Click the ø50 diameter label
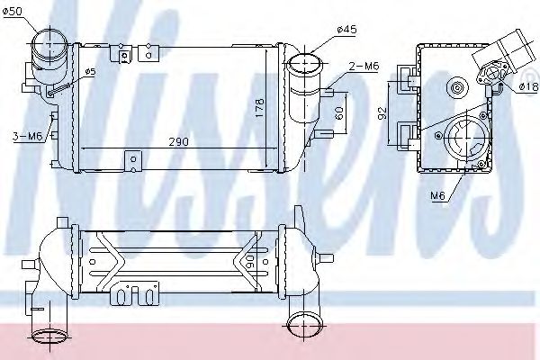point(12,12)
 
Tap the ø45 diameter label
point(346,30)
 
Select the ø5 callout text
point(90,72)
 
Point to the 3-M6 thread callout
point(28,137)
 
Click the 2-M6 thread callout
point(364,66)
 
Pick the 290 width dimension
point(179,141)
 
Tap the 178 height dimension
point(259,107)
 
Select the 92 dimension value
point(382,113)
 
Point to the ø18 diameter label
point(528,86)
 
